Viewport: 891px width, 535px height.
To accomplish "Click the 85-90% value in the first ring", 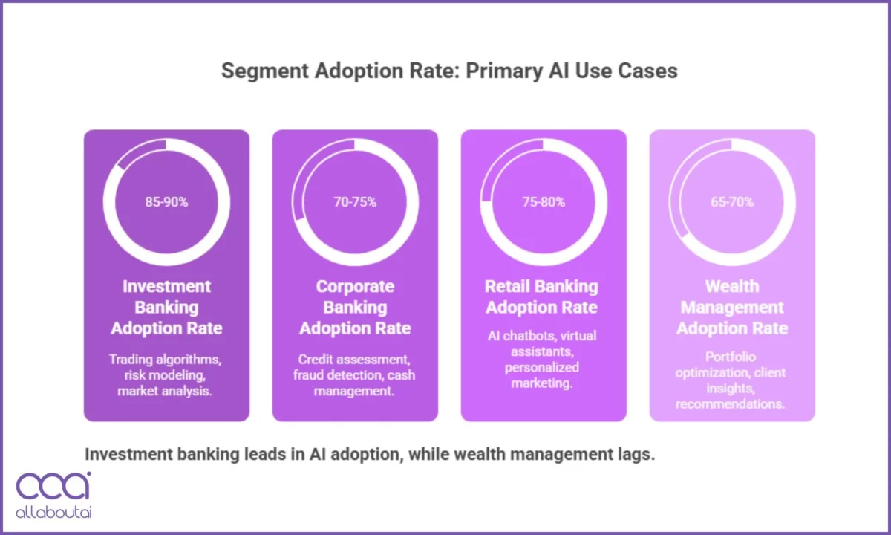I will click(166, 201).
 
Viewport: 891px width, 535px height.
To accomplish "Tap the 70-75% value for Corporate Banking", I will click(355, 201).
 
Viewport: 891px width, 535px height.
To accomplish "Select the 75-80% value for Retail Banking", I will click(544, 201).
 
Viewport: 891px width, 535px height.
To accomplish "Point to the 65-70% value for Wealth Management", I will click(732, 201).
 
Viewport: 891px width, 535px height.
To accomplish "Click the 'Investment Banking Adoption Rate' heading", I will click(166, 307).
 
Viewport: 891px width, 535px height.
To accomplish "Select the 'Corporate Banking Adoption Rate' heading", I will click(355, 307).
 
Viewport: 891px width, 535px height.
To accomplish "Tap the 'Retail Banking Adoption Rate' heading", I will click(544, 296).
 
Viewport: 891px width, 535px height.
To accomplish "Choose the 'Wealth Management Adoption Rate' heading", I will click(732, 307).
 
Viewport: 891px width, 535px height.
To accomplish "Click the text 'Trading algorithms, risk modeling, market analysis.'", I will click(166, 375).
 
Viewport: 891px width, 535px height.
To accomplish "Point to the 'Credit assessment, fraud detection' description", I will click(355, 375).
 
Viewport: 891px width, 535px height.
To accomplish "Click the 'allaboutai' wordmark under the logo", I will click(53, 513).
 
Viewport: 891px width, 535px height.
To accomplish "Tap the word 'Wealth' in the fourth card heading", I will click(732, 286).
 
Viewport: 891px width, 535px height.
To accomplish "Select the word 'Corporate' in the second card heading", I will click(355, 286).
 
